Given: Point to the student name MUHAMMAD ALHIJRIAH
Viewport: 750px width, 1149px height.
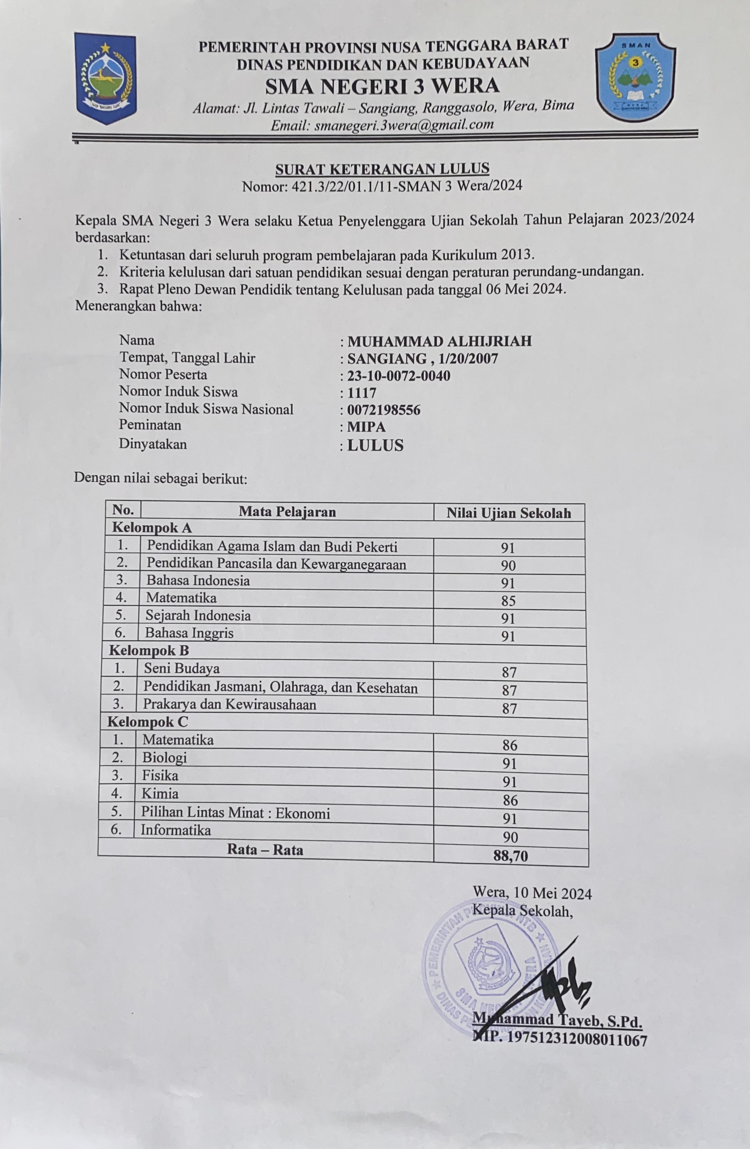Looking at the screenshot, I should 439,341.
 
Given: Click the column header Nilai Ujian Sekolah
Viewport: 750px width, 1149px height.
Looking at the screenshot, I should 508,513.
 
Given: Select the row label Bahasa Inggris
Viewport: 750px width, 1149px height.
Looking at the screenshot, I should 190,633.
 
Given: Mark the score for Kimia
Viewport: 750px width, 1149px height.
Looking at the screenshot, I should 510,801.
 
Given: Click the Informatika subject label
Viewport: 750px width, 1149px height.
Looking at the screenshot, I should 176,830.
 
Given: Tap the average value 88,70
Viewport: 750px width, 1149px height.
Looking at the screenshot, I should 511,856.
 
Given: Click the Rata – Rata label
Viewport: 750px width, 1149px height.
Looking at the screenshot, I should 265,850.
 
